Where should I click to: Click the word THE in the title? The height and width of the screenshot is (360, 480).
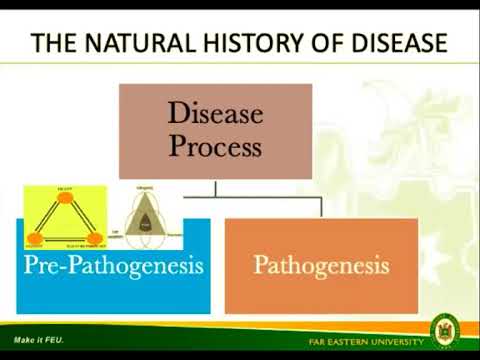[56, 43]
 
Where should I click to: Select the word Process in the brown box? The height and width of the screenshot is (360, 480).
[215, 147]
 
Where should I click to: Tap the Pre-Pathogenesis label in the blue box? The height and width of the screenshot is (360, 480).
[115, 266]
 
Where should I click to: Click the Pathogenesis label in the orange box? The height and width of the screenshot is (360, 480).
[320, 266]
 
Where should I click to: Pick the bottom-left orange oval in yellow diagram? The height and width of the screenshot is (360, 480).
[35, 239]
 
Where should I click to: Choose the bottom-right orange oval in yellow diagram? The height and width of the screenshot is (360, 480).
[95, 239]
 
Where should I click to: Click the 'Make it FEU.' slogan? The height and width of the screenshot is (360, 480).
[38, 340]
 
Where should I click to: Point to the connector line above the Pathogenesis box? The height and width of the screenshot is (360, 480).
[320, 207]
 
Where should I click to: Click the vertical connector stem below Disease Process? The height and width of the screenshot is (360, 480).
[215, 188]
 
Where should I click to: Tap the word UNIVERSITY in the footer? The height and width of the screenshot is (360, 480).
[399, 341]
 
